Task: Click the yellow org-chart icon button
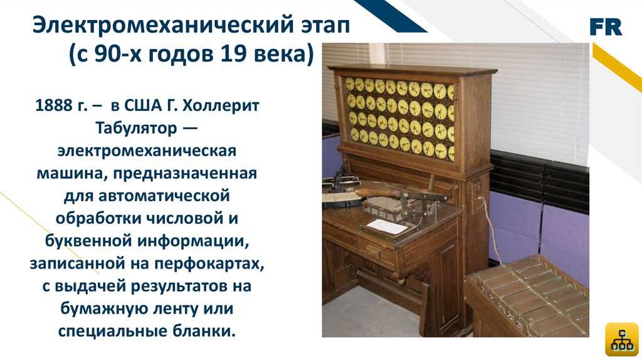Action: click(x=621, y=339)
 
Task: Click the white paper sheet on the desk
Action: click(x=386, y=226)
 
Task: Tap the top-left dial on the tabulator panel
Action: click(x=350, y=83)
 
